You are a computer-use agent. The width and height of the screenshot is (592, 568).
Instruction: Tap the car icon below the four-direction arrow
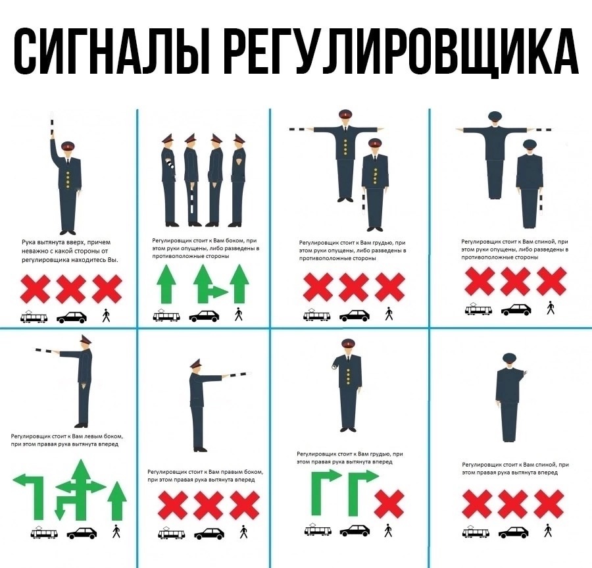point(82,532)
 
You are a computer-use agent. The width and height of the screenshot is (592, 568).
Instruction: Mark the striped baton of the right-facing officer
point(237,376)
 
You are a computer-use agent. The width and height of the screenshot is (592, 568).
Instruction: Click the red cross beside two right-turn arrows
point(389,503)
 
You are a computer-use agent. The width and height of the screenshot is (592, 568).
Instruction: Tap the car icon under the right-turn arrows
point(355,530)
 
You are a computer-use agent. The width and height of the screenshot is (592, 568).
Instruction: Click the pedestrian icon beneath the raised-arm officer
point(106,317)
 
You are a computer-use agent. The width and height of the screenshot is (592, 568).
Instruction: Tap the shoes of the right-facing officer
point(200,450)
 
